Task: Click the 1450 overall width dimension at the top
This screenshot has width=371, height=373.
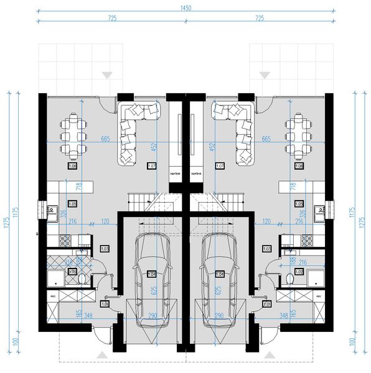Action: (185, 7)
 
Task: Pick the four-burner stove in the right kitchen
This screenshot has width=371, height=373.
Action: (306, 239)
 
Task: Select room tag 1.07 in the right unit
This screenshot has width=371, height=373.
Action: (219, 166)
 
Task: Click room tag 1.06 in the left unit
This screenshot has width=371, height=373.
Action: (72, 167)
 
